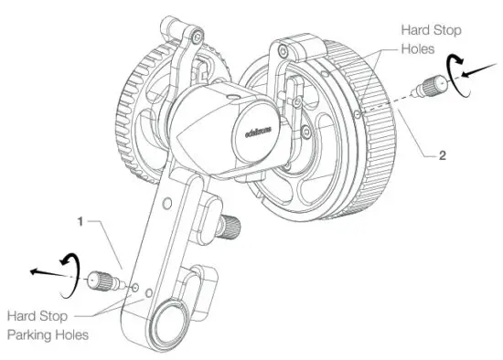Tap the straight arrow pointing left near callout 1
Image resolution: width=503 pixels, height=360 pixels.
pyautogui.click(x=42, y=270)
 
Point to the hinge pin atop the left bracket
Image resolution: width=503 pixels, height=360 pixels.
pyautogui.click(x=194, y=36)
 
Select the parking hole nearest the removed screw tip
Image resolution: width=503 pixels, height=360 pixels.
pyautogui.click(x=135, y=289)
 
